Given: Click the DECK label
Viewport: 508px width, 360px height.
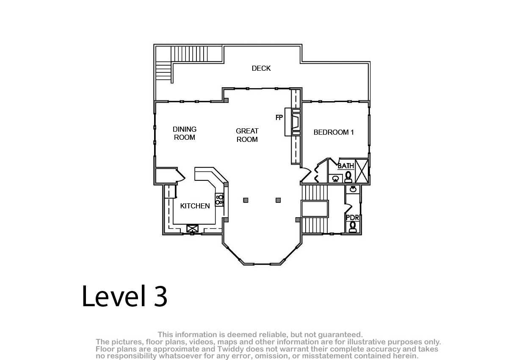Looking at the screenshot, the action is [x=261, y=68].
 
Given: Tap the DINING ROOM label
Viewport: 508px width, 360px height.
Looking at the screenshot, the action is [x=185, y=133].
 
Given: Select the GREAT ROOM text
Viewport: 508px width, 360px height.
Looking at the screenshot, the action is [x=247, y=135].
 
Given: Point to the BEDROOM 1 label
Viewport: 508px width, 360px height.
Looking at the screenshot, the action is [x=334, y=132].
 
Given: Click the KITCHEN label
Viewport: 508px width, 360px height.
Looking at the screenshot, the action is [x=195, y=206].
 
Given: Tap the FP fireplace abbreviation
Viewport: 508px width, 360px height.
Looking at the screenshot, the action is [x=279, y=117].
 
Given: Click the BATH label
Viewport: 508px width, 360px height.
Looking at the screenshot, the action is [x=346, y=166].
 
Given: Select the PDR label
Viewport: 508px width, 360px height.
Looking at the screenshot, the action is [x=352, y=218].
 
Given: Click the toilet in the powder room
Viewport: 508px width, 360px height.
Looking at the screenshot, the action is [x=353, y=227].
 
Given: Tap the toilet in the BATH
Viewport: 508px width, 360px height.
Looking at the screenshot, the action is [x=348, y=177].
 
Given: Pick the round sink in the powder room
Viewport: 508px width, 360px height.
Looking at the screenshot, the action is [x=353, y=189].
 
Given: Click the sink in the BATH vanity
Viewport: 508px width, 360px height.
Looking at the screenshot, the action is [x=335, y=179].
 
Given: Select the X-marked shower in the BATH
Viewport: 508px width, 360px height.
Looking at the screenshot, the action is [x=362, y=171].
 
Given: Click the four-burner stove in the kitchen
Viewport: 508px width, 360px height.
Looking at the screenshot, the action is [x=219, y=199].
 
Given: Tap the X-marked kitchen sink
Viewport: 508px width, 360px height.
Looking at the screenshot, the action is [x=192, y=228].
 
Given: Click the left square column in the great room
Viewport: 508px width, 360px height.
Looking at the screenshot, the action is [x=246, y=200].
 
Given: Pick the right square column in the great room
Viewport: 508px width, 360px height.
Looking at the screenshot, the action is [x=278, y=200].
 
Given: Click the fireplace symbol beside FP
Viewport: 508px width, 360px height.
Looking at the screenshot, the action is [x=295, y=122].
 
